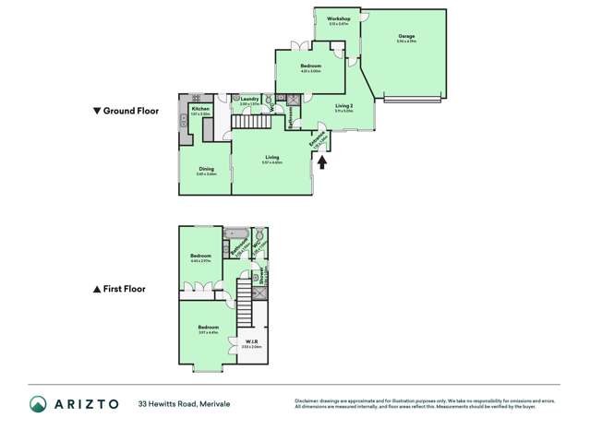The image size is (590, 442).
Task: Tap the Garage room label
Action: [406, 37]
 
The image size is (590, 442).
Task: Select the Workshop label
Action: [338, 19]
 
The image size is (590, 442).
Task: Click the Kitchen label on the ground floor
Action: [200, 108]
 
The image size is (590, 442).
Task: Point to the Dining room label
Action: [206, 169]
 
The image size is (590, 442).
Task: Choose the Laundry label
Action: [249, 100]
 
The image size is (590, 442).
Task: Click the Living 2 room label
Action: [343, 106]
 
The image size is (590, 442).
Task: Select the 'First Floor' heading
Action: [120, 289]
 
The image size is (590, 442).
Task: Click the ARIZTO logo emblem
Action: [38, 403]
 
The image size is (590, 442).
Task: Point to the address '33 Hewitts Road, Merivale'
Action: [184, 404]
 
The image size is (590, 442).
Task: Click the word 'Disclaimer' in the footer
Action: [307, 400]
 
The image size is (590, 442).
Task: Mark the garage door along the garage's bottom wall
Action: [414, 98]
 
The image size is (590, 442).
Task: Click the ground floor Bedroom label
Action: [310, 66]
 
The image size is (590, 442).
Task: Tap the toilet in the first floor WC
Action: [260, 235]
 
